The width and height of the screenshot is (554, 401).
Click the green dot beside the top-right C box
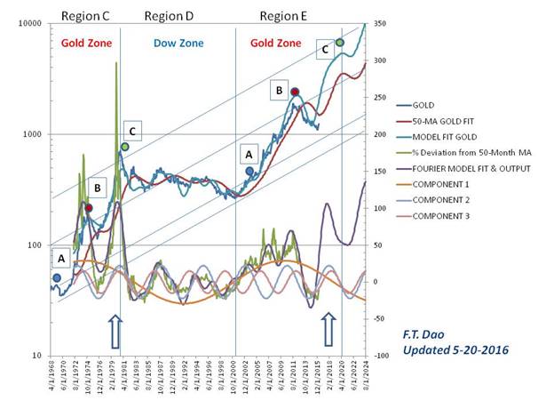339,43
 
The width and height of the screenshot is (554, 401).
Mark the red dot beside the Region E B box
295,92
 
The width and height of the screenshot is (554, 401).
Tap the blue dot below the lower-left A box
57,277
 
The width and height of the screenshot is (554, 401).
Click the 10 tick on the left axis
36,355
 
